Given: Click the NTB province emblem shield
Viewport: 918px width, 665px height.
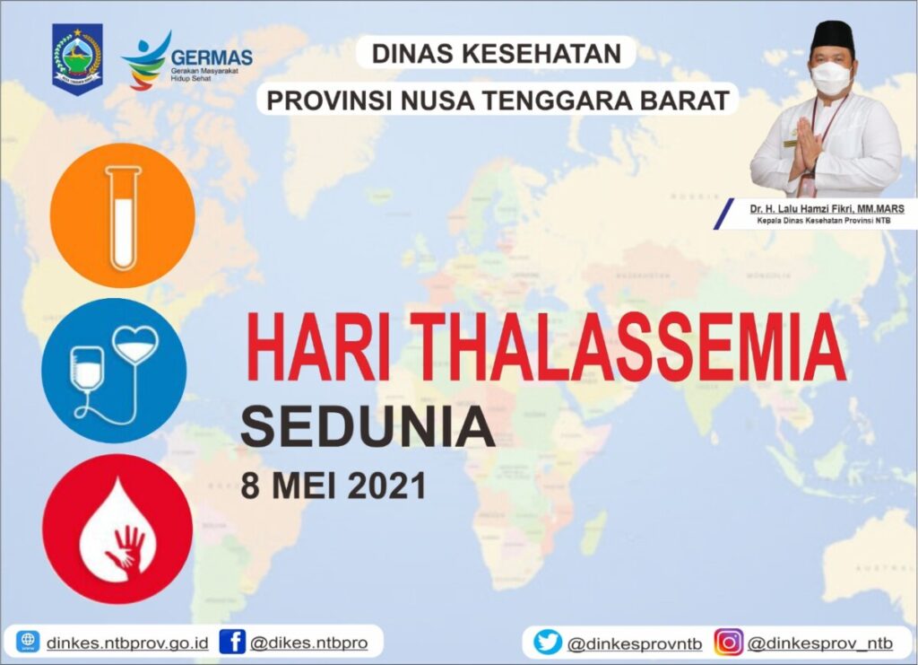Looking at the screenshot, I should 77,59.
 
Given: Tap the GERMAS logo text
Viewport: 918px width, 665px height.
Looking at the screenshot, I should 212,57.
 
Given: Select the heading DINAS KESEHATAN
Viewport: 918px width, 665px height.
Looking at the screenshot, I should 497,54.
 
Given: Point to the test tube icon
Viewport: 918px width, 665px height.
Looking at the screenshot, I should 121,216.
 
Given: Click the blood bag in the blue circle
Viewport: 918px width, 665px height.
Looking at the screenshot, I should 87,368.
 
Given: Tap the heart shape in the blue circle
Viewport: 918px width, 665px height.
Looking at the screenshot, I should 136,343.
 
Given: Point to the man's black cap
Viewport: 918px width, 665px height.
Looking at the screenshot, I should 829,37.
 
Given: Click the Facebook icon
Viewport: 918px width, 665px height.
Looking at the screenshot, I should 232,642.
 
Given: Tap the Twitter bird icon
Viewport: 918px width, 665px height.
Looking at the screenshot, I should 547,643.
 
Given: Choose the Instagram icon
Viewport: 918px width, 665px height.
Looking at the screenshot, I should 729,643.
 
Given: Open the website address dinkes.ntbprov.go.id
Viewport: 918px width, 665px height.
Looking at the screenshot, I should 126,643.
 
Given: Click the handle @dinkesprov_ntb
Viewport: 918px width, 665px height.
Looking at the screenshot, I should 819,643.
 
